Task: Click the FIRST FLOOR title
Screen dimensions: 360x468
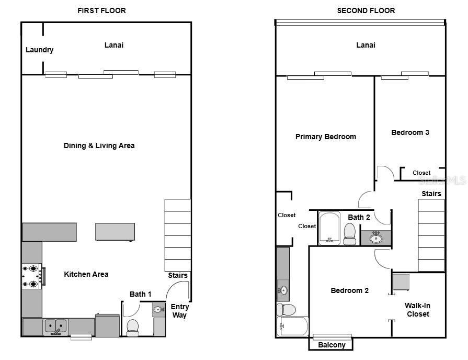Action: point(101,10)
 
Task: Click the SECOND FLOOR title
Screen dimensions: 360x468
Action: point(366,10)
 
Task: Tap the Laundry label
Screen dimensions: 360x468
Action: point(39,50)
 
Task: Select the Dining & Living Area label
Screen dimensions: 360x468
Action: point(99,145)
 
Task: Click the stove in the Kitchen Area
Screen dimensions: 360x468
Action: point(32,276)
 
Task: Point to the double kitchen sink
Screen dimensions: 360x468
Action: point(55,326)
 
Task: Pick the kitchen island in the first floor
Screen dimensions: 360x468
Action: point(115,231)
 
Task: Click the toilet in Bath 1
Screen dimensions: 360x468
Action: point(133,327)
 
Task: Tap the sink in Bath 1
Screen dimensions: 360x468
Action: point(158,310)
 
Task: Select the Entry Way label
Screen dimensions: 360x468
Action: point(179,311)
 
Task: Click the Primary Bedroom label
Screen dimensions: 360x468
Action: point(325,137)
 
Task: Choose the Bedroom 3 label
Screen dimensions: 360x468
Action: point(410,132)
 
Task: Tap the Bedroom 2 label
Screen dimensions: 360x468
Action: point(350,290)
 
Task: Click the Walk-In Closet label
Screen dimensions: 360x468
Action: point(417,310)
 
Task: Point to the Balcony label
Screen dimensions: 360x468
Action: point(332,345)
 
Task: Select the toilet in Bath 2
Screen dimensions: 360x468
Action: point(349,232)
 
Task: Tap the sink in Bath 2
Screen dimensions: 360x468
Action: point(375,239)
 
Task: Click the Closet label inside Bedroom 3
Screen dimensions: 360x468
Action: point(421,173)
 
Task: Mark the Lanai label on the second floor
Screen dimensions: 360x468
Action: point(366,45)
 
